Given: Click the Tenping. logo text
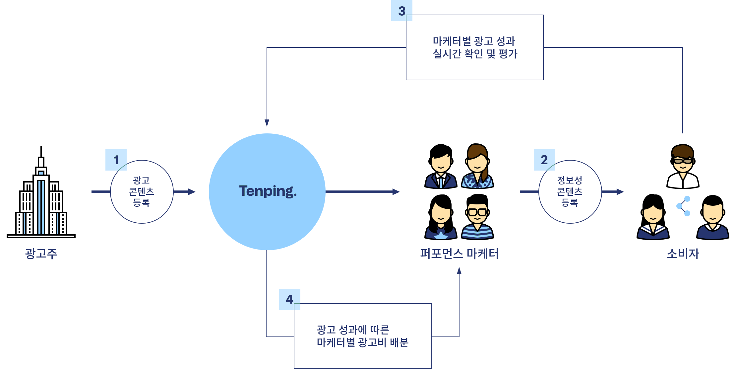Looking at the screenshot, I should pyautogui.click(x=268, y=191).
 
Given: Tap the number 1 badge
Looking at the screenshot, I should pyautogui.click(x=116, y=160).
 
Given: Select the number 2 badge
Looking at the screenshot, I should pyautogui.click(x=544, y=160).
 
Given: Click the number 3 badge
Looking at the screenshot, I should pyautogui.click(x=401, y=11).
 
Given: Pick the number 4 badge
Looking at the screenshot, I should pyautogui.click(x=289, y=299).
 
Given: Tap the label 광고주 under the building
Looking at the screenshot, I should pyautogui.click(x=41, y=254).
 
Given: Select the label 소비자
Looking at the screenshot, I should pyautogui.click(x=683, y=254).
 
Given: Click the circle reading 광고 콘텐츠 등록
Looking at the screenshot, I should pyautogui.click(x=142, y=191).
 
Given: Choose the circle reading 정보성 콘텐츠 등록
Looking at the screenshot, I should pyautogui.click(x=570, y=191).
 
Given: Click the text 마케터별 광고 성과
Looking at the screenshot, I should pyautogui.click(x=474, y=41).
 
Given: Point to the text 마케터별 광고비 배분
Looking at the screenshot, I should pyautogui.click(x=362, y=342).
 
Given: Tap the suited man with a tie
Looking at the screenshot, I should pyautogui.click(x=440, y=165).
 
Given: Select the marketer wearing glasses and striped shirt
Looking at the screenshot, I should pyautogui.click(x=477, y=216).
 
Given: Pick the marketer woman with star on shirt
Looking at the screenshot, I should pyautogui.click(x=441, y=217).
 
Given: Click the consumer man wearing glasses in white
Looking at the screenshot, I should pyautogui.click(x=683, y=165).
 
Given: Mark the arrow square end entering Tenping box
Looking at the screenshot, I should pyautogui.click(x=192, y=192).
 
